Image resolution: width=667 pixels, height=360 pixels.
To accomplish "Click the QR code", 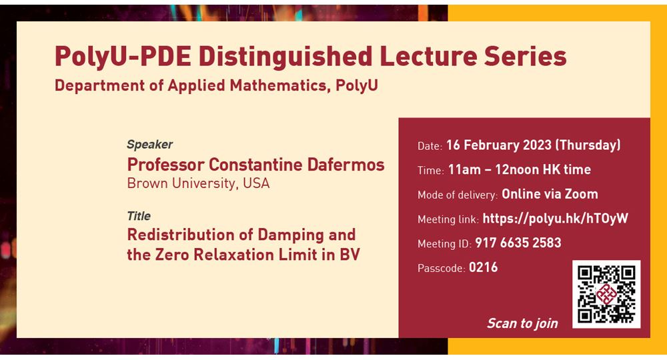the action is pyautogui.click(x=606, y=294).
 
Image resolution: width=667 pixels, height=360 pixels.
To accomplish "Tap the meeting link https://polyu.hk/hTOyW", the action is pyautogui.click(x=555, y=219).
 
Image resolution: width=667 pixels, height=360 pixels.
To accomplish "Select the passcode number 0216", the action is pyautogui.click(x=483, y=267).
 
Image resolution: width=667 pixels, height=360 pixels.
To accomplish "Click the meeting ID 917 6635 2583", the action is pyautogui.click(x=518, y=243).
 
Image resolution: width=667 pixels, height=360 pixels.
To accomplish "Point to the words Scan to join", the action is pyautogui.click(x=522, y=323).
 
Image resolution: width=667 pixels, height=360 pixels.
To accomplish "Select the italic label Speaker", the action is pyautogui.click(x=149, y=145).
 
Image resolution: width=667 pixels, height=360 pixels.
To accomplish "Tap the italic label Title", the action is pyautogui.click(x=139, y=216).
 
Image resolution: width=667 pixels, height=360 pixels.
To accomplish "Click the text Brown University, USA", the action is pyautogui.click(x=198, y=183).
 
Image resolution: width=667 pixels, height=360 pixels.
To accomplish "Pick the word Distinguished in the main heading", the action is pyautogui.click(x=285, y=57).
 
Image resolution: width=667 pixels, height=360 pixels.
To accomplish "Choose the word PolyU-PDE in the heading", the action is pyautogui.click(x=123, y=57).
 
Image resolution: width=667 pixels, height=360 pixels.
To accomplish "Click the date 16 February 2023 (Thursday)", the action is pyautogui.click(x=534, y=145).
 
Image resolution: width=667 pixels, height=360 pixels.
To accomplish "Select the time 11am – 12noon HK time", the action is pyautogui.click(x=520, y=169).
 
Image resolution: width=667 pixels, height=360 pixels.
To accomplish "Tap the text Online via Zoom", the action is pyautogui.click(x=550, y=194).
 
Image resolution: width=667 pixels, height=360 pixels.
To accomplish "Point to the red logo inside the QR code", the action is pyautogui.click(x=606, y=294).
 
